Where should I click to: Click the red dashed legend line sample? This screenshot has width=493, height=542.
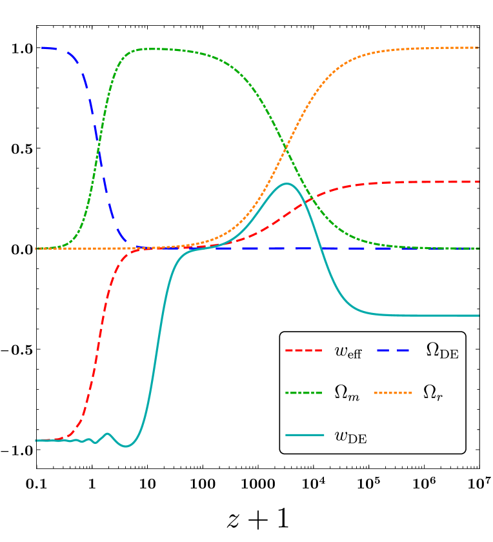(303, 350)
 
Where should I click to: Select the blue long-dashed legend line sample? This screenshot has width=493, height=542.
(392, 350)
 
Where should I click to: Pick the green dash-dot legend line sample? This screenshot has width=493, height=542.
(303, 392)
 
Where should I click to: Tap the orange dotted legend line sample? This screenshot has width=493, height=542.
(392, 392)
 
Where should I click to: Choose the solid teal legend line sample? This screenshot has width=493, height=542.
(305, 435)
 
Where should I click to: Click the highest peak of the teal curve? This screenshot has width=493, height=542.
(287, 184)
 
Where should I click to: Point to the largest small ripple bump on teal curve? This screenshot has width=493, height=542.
(107, 434)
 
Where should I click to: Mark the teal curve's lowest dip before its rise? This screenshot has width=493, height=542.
(126, 446)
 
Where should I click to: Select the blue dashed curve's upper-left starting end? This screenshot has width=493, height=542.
(43, 47)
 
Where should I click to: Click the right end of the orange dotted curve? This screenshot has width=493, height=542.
(478, 48)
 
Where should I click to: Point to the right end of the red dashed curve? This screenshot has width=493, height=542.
(478, 182)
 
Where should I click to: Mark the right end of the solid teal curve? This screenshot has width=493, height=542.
(478, 316)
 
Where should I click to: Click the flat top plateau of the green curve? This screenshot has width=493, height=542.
(155, 49)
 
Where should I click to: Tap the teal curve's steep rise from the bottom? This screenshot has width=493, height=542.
(157, 342)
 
